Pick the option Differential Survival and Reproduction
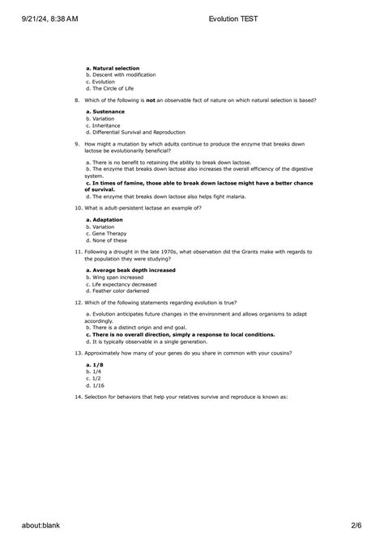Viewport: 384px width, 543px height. (x=135, y=132)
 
